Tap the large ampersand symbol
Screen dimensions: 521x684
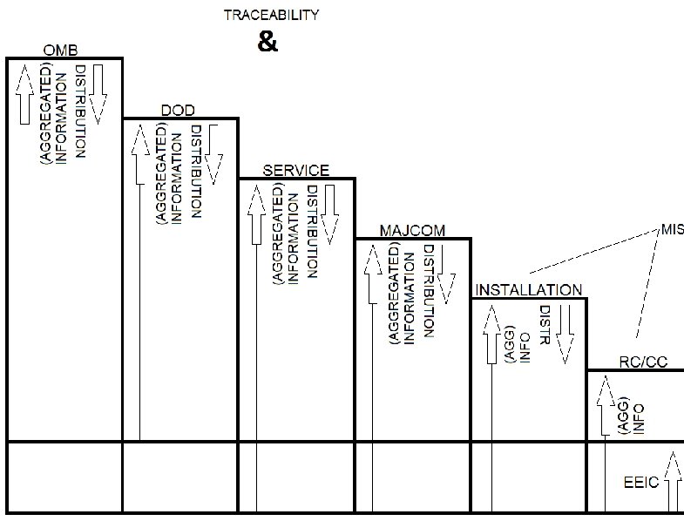[268, 42]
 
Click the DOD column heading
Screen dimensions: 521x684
[178, 110]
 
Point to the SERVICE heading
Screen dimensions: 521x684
[296, 171]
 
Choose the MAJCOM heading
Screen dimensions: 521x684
[412, 231]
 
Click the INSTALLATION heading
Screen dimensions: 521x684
[528, 290]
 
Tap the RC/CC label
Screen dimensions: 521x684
[643, 362]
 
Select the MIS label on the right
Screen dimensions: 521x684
[671, 230]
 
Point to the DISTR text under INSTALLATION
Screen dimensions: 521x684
[545, 328]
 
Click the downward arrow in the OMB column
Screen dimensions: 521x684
[97, 91]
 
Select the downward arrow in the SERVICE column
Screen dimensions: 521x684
[328, 213]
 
